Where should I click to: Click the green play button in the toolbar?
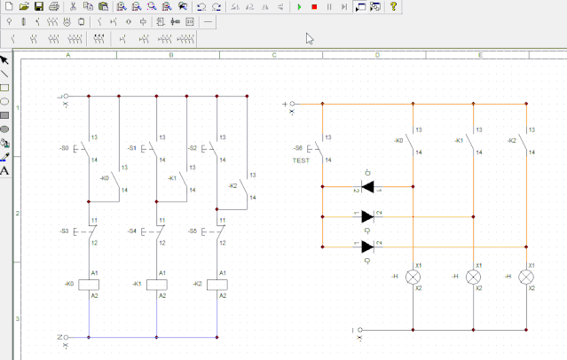pos(300,6)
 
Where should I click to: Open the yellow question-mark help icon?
pos(393,6)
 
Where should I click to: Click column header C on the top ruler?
pos(273,55)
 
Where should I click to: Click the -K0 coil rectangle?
pos(88,284)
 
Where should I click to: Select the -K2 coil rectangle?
pos(217,284)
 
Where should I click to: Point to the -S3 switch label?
pos(64,231)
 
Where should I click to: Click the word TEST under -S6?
pos(301,160)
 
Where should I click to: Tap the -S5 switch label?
pos(192,231)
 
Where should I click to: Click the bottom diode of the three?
pos(366,247)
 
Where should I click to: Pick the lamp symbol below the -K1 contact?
pos(472,277)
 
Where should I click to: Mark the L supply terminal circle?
pos(66,96)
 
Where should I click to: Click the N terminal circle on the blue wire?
pos(66,337)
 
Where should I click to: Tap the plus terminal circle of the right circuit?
pos(293,104)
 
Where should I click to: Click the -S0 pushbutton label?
pos(64,147)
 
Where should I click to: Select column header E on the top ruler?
pos(480,55)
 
